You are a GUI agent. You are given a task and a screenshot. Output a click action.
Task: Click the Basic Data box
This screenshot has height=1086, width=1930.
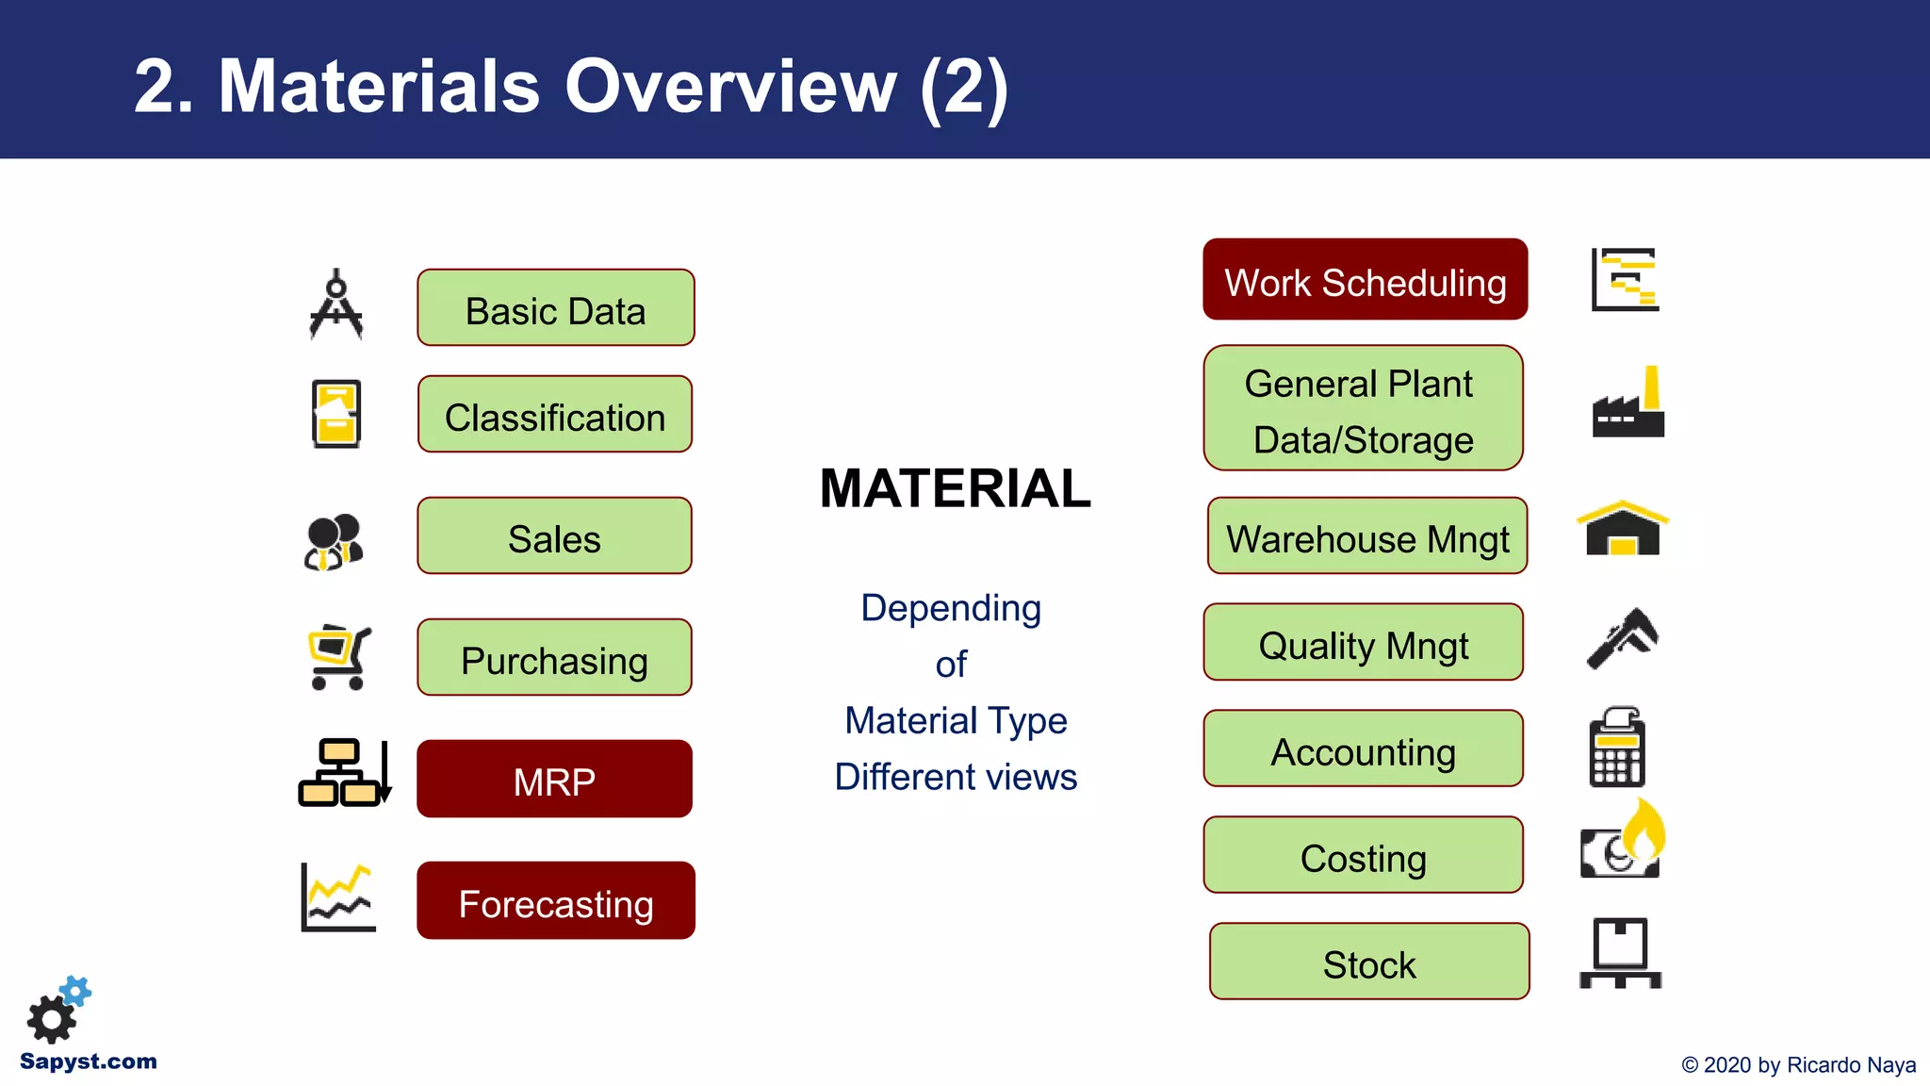pos(555,307)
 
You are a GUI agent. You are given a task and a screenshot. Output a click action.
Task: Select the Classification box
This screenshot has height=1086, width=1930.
pos(555,414)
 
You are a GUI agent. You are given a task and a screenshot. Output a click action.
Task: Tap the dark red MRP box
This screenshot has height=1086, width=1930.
pos(554,779)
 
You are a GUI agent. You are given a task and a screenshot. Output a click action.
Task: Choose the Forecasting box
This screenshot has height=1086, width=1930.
pos(555,900)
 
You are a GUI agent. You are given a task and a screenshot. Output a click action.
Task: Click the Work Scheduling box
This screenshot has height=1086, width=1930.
pos(1365,280)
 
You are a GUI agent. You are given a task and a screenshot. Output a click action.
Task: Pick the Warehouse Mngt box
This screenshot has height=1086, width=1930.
pos(1366,535)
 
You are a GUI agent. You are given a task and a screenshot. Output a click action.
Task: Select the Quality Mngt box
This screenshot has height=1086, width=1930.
pos(1363,642)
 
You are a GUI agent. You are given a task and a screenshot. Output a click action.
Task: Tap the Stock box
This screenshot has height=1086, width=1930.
pos(1368,962)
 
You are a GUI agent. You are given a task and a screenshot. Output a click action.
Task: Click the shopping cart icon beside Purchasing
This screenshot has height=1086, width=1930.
pos(338,657)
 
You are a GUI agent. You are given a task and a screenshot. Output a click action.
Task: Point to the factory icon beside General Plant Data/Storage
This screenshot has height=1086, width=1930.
pos(1627,403)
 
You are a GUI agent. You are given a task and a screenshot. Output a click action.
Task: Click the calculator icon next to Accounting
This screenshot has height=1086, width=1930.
pos(1617,748)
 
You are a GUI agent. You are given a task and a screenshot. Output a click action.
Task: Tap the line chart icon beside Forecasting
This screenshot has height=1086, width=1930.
pos(337,898)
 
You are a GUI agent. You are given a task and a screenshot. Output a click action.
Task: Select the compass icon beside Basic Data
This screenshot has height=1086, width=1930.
pos(335,305)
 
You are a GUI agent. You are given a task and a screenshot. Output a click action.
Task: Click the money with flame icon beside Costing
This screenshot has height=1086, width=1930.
pos(1623,841)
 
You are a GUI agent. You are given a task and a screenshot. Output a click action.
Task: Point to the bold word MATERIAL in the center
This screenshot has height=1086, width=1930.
pos(955,488)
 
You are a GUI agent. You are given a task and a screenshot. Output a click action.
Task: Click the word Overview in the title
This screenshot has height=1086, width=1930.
pos(730,87)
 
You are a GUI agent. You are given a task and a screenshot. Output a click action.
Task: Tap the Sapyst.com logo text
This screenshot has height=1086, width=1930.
pos(88,1061)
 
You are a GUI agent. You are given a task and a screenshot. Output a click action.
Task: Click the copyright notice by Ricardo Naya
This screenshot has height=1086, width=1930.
pos(1797,1065)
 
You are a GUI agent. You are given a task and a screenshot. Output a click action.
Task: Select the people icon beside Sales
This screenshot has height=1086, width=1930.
pos(334,542)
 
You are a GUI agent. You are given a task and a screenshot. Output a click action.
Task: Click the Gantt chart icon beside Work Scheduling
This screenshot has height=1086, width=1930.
pos(1625,279)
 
